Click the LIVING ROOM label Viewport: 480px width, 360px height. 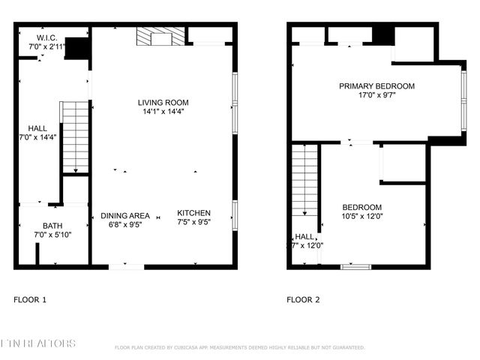pos(163,102)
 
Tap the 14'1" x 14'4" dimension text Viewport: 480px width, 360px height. pos(163,112)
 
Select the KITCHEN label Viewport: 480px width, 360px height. pos(193,213)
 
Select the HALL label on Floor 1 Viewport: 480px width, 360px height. pos(37,128)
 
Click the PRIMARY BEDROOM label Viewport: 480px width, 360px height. pos(376,86)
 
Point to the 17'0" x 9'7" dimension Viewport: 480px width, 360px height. pos(376,96)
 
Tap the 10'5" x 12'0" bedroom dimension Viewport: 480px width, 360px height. pos(362,217)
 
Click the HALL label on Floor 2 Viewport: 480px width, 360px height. pos(304,236)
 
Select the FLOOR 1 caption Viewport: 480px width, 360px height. pos(30,300)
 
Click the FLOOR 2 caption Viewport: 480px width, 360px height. pos(303,300)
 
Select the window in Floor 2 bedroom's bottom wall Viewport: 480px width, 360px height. pos(355,265)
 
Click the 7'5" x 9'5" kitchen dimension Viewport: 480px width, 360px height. pos(193,223)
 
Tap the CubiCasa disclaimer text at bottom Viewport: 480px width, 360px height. pos(239,348)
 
